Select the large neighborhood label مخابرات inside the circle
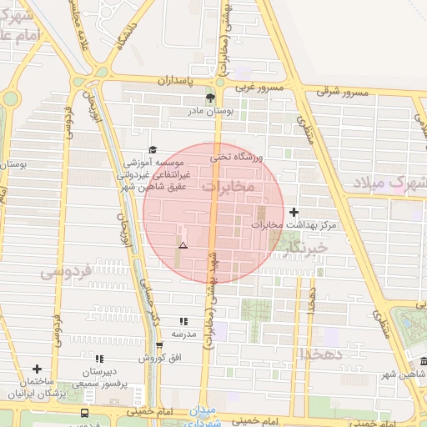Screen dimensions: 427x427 click(x=227, y=186)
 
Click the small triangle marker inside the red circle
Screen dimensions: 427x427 click(x=183, y=246)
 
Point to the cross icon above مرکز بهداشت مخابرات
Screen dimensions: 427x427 click(x=294, y=213)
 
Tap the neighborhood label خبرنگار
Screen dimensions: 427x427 click(x=304, y=248)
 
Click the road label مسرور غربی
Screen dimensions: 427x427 click(x=259, y=87)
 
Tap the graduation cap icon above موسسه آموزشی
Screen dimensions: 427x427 click(x=152, y=150)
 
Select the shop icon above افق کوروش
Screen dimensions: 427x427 click(x=158, y=345)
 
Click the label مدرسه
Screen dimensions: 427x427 click(x=183, y=334)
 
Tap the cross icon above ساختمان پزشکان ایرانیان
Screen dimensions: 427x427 click(x=37, y=369)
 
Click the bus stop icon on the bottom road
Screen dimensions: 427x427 click(x=84, y=414)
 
